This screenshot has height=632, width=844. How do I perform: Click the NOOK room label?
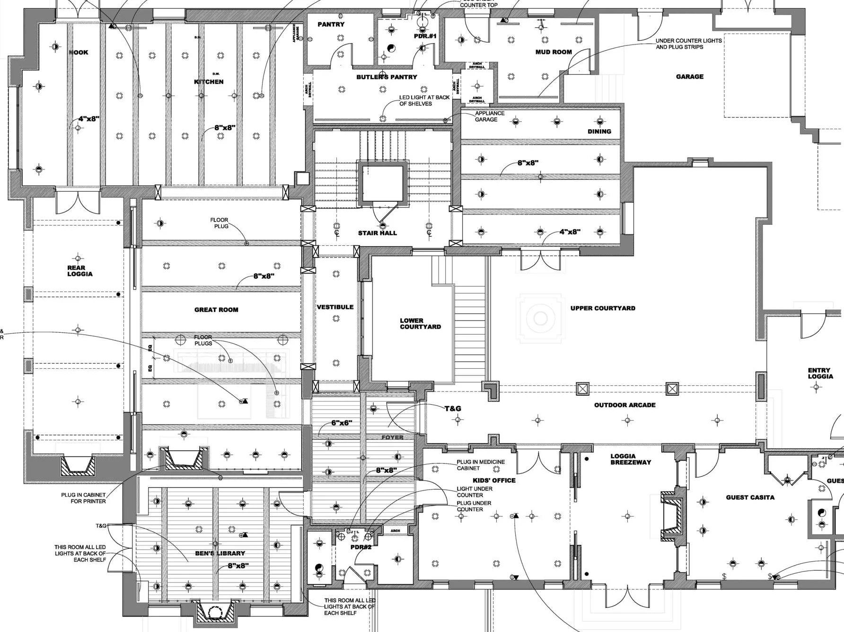click(x=79, y=53)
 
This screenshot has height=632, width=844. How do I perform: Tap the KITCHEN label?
click(x=209, y=82)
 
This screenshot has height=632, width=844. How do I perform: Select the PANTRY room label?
click(x=331, y=25)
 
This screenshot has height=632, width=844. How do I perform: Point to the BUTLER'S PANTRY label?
click(x=387, y=77)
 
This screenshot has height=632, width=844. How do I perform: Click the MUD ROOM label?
click(x=553, y=52)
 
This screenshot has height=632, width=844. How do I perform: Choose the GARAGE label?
click(x=689, y=77)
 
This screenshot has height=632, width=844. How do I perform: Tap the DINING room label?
click(x=599, y=132)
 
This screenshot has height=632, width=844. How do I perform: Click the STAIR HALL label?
click(x=377, y=233)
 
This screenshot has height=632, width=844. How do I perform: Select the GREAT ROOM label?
click(x=216, y=310)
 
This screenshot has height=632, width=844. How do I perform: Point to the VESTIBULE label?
click(x=335, y=307)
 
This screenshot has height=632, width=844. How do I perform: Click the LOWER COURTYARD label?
click(x=420, y=324)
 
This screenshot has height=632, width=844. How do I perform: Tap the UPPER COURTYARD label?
click(x=603, y=308)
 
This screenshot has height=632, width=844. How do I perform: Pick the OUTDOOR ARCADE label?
click(x=624, y=405)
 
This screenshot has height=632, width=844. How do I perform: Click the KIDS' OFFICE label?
click(x=494, y=481)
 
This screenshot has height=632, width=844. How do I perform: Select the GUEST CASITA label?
click(x=750, y=498)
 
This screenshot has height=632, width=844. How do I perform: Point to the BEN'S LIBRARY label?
click(x=220, y=553)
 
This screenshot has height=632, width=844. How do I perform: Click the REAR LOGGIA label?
click(x=79, y=271)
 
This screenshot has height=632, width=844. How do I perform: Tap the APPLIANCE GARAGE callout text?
click(x=490, y=116)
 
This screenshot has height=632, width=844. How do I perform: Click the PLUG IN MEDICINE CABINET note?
click(x=480, y=465)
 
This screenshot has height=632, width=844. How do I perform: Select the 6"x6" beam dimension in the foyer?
click(x=341, y=423)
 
